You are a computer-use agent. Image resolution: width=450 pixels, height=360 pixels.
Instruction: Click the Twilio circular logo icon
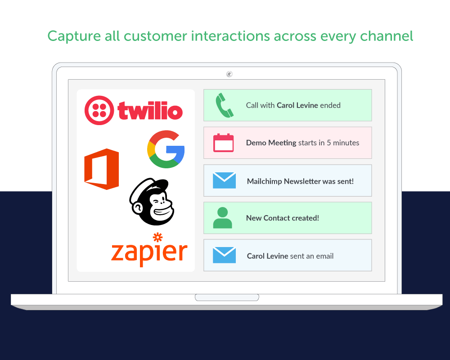coord(99,111)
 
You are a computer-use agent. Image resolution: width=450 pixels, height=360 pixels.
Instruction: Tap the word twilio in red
coord(150,111)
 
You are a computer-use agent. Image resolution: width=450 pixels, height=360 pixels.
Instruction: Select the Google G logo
coord(166,149)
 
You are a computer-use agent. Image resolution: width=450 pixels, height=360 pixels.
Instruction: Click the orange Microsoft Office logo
coord(102,169)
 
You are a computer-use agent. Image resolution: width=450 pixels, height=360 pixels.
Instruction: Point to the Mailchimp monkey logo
coord(152,202)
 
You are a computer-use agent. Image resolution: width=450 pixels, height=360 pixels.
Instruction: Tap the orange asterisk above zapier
coord(158,237)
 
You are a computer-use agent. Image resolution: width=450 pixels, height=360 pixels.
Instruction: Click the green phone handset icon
coord(224,105)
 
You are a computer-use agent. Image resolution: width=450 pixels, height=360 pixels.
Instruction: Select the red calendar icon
coord(223,143)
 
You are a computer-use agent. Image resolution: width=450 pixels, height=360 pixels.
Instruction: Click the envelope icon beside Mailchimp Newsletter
coord(224,180)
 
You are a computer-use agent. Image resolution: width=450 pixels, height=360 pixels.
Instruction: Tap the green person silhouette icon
coord(222,218)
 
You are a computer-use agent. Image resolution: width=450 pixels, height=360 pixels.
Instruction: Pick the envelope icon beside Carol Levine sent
coord(224,255)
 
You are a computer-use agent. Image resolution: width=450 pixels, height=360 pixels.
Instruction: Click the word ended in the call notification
coord(330,105)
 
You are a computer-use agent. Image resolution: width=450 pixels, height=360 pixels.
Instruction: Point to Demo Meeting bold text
coord(271,143)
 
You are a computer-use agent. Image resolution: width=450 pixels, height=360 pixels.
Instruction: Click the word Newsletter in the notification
coord(302,181)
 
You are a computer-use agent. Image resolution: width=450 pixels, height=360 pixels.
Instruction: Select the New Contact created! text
coord(283,218)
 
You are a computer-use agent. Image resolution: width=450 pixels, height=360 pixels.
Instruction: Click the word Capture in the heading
coord(74,37)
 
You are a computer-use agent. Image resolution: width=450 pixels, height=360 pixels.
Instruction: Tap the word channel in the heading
coord(387,36)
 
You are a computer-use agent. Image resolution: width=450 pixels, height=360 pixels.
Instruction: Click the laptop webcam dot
coord(229,74)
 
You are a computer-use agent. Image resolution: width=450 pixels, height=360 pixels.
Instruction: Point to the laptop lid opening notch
coord(227,297)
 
